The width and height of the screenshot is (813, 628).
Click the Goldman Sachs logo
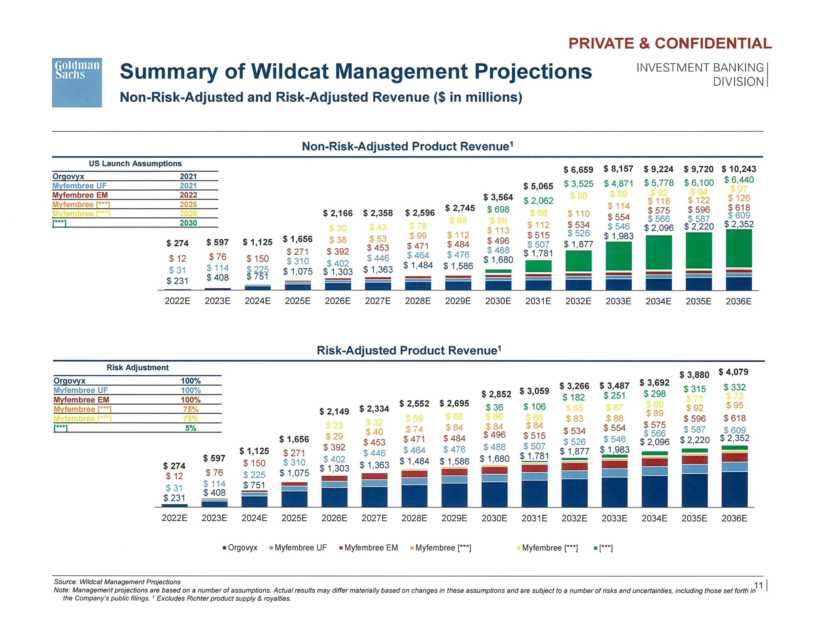tap(77, 83)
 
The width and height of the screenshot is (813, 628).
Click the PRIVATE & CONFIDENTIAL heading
tap(670, 44)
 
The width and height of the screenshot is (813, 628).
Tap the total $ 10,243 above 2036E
tap(739, 169)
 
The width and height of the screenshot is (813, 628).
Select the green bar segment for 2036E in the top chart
tap(739, 248)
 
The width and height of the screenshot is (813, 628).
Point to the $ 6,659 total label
tap(578, 170)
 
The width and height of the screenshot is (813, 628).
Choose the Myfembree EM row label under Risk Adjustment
tap(81, 399)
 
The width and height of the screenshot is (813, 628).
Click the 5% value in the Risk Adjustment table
tap(191, 428)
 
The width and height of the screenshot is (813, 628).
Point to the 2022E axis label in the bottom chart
tap(174, 518)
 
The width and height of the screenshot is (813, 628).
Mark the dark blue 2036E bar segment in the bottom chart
tap(734, 489)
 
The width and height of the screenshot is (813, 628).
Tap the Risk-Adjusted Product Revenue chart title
tap(409, 350)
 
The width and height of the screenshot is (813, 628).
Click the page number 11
tap(758, 586)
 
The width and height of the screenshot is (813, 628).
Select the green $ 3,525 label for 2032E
tap(578, 184)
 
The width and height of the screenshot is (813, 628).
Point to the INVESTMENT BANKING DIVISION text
tap(700, 74)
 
